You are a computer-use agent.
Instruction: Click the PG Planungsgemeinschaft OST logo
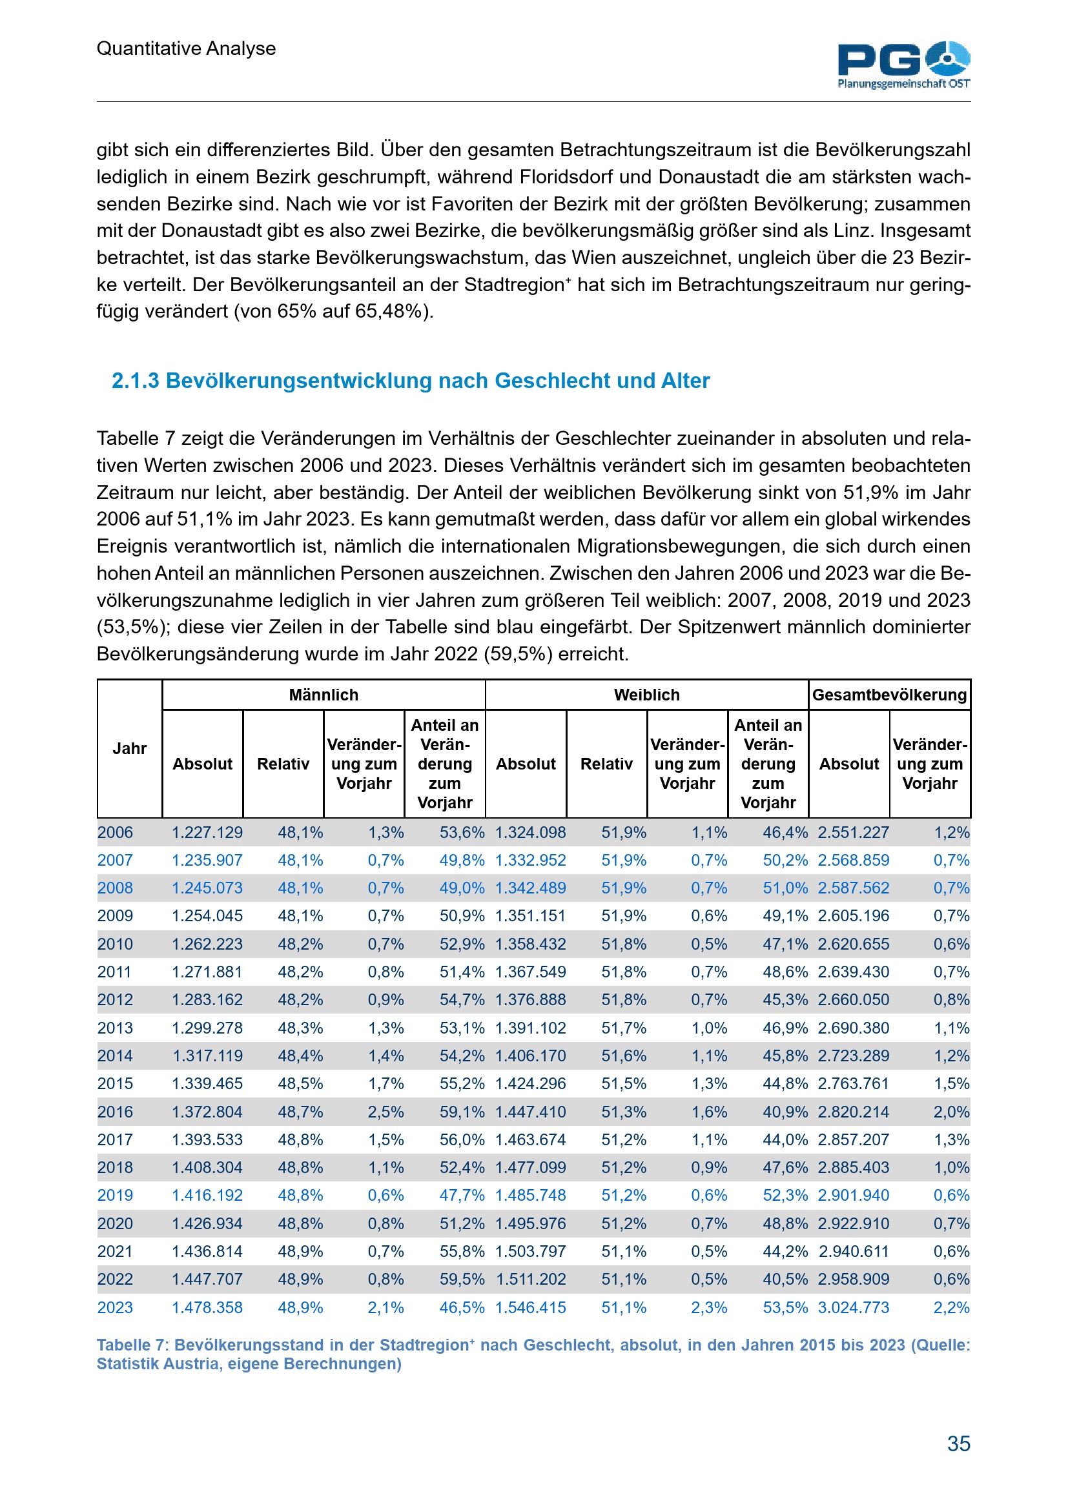[903, 65]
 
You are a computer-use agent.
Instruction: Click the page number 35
[958, 1443]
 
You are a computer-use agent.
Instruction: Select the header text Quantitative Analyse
[186, 48]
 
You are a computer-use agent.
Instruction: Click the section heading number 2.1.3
[136, 381]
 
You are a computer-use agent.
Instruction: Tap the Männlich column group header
[323, 695]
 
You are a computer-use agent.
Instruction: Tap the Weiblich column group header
[646, 695]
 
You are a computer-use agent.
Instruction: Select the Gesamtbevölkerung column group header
[889, 695]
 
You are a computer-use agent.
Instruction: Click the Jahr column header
[130, 748]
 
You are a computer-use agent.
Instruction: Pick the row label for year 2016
[115, 1112]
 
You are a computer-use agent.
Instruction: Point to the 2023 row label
[115, 1307]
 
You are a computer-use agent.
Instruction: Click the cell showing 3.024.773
[853, 1307]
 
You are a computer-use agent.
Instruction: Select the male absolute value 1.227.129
[207, 833]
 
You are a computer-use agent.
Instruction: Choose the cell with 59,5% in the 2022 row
[462, 1279]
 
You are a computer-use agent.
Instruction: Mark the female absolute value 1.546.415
[531, 1307]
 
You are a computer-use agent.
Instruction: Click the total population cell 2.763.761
[853, 1084]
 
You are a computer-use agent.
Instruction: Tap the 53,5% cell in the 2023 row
[785, 1307]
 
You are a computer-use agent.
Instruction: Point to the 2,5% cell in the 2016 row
[385, 1112]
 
